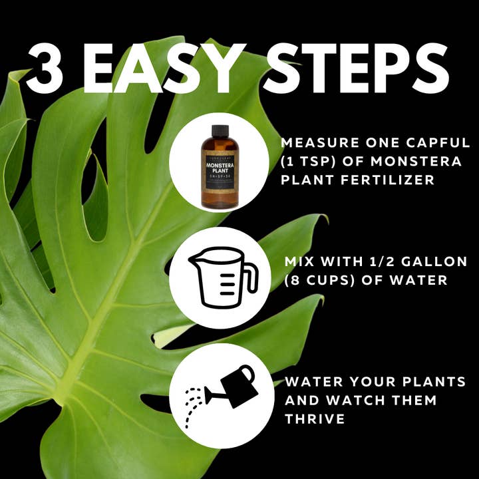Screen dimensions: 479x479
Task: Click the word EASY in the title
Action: tap(174, 69)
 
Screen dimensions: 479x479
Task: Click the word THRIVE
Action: tap(315, 419)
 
